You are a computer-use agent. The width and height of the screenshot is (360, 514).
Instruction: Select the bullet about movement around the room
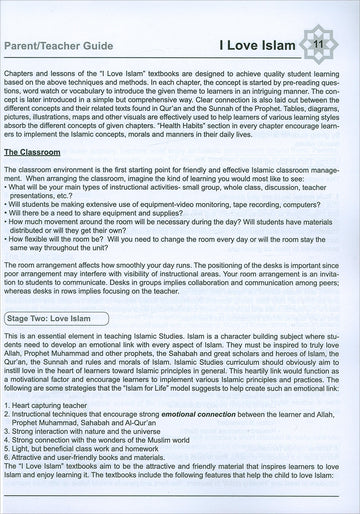(x=150, y=224)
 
